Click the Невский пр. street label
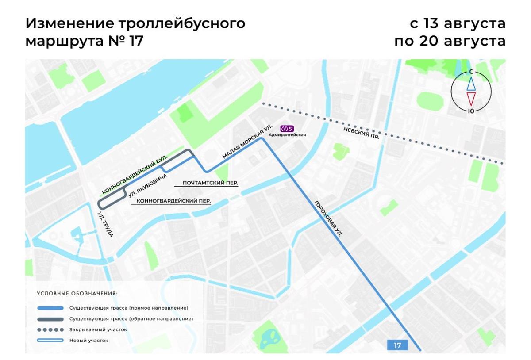pyautogui.click(x=361, y=132)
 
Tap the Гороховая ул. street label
pyautogui.click(x=328, y=220)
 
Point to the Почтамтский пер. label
pyautogui.click(x=210, y=183)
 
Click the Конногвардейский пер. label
pyautogui.click(x=173, y=201)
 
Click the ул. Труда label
pyautogui.click(x=106, y=225)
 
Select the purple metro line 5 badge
pyautogui.click(x=288, y=129)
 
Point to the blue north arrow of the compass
pyautogui.click(x=471, y=83)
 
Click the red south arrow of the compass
pyautogui.click(x=471, y=98)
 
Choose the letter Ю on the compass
pyautogui.click(x=471, y=111)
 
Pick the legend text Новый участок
pyautogui.click(x=88, y=341)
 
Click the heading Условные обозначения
pyautogui.click(x=77, y=293)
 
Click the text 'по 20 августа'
pyautogui.click(x=450, y=41)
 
